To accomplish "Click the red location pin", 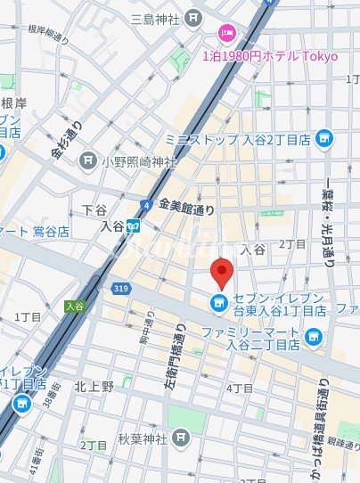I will click(x=220, y=272).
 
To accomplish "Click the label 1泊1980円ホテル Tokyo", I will click(x=271, y=56).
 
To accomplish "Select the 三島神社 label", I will click(x=156, y=19).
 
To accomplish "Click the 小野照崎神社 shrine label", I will click(x=139, y=161).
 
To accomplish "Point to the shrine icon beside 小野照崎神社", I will click(x=87, y=161).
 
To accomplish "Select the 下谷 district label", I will click(x=94, y=210).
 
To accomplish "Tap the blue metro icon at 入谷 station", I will click(x=133, y=226).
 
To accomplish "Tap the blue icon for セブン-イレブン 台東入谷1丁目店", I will click(x=217, y=306).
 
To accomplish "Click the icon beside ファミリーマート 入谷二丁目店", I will click(x=312, y=336).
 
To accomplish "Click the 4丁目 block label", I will click(x=240, y=389).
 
